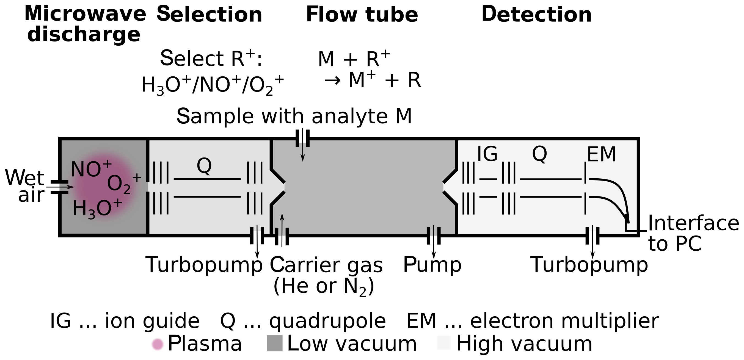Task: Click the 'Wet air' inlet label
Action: point(25,186)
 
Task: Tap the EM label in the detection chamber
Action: point(602,154)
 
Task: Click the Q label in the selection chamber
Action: point(204,166)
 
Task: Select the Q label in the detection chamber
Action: point(539,154)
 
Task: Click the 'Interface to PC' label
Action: point(693,233)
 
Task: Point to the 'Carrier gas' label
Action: point(326,265)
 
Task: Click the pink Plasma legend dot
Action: point(158,344)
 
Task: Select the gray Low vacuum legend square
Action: point(274,343)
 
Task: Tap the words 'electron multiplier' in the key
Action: point(564,321)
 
